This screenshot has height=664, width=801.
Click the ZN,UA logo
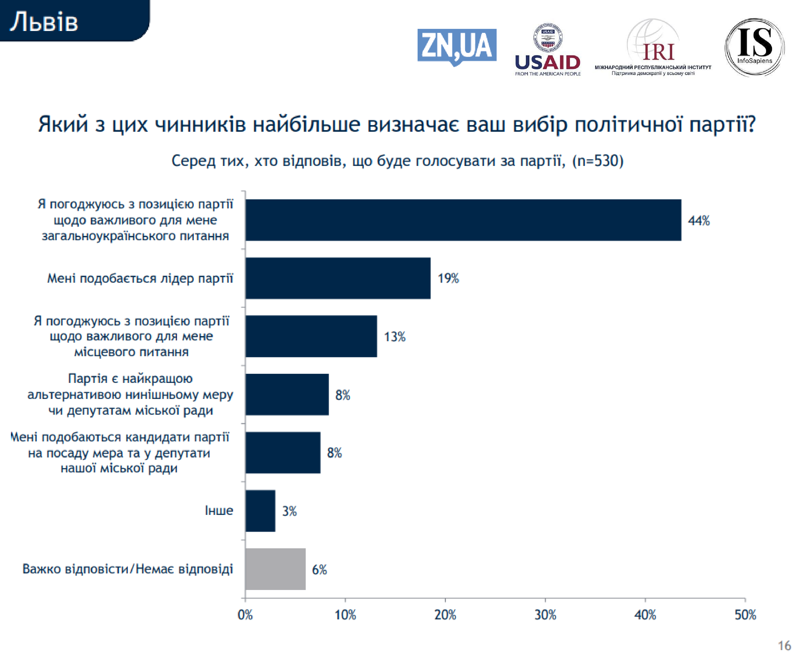[457, 46]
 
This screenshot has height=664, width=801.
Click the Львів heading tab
[44, 22]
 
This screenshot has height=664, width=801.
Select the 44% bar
[463, 220]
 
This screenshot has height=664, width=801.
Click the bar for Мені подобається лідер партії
[338, 278]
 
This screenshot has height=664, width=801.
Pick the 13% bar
[311, 336]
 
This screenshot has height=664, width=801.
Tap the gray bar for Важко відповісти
[275, 569]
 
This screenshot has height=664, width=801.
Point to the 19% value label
[448, 278]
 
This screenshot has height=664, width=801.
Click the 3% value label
[289, 511]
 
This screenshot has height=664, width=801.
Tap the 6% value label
[320, 570]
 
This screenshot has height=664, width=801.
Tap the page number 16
[784, 646]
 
